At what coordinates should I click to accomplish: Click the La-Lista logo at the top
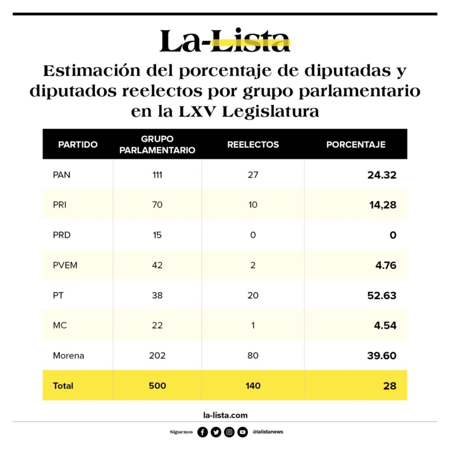[225, 41]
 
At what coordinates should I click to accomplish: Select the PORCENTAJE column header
[356, 144]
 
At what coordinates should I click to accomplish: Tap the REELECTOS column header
[253, 144]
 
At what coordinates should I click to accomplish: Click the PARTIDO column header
[78, 144]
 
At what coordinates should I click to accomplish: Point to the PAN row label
[62, 175]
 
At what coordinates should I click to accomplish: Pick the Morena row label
[68, 355]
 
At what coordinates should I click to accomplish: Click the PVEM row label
[65, 265]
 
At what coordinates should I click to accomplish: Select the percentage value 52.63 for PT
[382, 295]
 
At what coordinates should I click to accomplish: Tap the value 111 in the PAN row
[157, 175]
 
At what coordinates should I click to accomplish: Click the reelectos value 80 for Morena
[253, 355]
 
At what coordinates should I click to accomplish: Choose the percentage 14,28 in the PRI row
[382, 205]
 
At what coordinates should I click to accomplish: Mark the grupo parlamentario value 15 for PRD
[157, 235]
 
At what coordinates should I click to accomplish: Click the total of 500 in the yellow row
[157, 386]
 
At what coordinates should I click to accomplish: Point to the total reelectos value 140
[253, 386]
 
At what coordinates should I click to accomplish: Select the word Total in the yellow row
[63, 386]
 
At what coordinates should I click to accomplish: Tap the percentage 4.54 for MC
[385, 325]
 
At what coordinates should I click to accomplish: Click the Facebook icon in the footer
[202, 432]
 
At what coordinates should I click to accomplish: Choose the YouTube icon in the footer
[242, 432]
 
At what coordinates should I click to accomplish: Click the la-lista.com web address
[225, 415]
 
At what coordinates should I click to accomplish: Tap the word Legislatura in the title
[270, 112]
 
